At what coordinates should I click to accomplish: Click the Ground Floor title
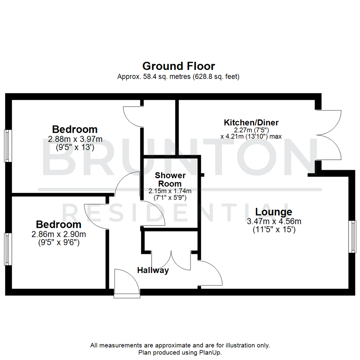pos(179,66)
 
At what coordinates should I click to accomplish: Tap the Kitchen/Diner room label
pos(251,122)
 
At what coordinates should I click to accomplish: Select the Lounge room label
pos(274,212)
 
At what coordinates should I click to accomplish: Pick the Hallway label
pos(153,270)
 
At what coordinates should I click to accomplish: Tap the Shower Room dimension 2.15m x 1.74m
pos(170,191)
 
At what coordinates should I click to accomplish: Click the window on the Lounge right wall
pos(352,236)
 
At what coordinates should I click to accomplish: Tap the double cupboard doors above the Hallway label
pos(171,260)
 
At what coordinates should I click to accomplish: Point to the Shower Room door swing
pos(152,213)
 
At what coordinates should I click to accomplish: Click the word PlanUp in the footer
pos(213,352)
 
